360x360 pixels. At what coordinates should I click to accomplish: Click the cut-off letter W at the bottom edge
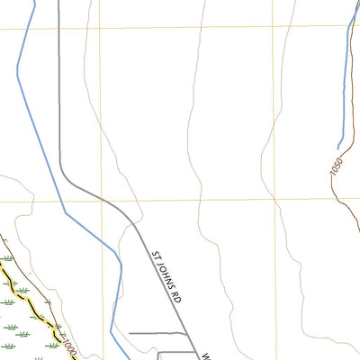tap(204, 355)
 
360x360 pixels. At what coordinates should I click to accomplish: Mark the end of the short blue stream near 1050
tap(338, 148)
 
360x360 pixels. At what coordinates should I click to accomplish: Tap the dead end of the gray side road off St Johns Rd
tap(130, 334)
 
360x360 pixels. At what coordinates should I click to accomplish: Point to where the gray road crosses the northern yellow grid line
tap(59, 27)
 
